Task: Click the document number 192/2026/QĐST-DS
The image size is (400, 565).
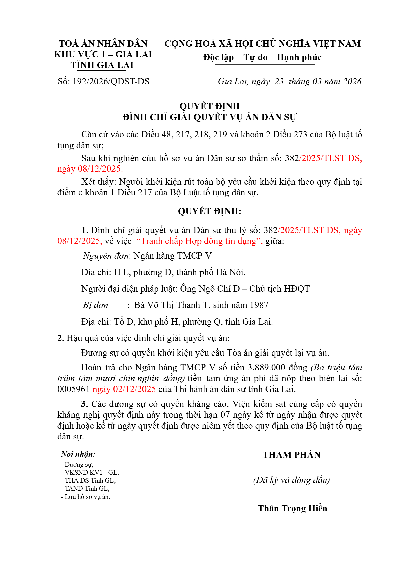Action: click(111, 82)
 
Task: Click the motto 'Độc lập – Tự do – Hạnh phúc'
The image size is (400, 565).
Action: click(262, 57)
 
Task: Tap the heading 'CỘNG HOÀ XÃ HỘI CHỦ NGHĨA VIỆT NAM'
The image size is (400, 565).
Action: click(262, 44)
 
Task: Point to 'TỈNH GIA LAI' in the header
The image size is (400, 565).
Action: click(102, 65)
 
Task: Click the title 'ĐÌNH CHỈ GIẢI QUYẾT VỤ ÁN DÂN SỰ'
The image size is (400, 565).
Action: click(209, 117)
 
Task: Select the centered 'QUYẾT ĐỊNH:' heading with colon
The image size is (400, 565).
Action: click(209, 211)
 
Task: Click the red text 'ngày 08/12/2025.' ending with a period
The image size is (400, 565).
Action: click(90, 169)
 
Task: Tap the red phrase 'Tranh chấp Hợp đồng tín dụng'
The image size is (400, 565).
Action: click(198, 241)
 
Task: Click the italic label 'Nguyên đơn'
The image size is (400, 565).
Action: click(106, 256)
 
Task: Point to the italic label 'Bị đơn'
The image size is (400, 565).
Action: click(96, 305)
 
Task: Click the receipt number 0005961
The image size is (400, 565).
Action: click(73, 389)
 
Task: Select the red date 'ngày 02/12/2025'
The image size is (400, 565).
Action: click(124, 389)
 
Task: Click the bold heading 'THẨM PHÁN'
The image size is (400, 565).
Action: click(291, 455)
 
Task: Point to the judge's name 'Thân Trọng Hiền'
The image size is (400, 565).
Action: click(292, 508)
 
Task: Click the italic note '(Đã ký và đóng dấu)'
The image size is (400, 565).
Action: click(291, 480)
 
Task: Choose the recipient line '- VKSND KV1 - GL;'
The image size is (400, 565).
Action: click(90, 472)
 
